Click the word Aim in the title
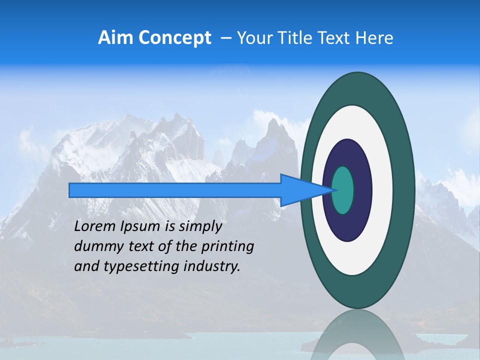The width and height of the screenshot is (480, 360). tap(116, 38)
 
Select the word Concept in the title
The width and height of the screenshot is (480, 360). tap(174, 38)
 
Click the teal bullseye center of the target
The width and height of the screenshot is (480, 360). tap(343, 190)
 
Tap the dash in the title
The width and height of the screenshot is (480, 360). tap(225, 38)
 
